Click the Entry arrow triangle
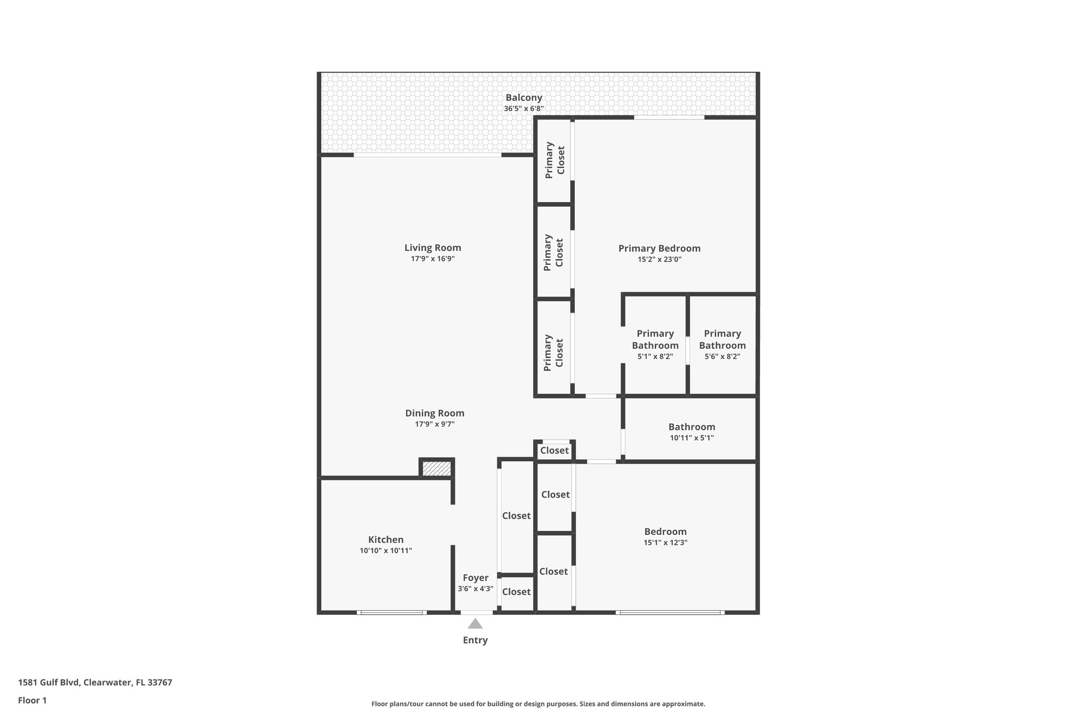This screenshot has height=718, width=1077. [475, 624]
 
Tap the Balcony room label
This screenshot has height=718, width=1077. [524, 97]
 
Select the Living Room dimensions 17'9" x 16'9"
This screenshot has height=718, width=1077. [432, 259]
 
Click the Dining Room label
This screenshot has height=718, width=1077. [434, 413]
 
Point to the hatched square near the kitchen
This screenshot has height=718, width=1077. [436, 469]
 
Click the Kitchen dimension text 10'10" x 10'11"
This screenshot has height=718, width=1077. [385, 551]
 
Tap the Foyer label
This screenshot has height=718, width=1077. [475, 578]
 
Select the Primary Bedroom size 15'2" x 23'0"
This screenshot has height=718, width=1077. [659, 259]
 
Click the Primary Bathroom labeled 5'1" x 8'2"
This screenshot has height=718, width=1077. [655, 345]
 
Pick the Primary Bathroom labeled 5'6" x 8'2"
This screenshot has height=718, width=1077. [722, 345]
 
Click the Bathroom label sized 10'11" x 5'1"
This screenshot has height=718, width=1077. [692, 427]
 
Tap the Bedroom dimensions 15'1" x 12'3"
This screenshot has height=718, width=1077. [665, 543]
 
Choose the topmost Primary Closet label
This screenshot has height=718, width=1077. [555, 160]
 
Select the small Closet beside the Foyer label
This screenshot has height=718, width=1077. [516, 592]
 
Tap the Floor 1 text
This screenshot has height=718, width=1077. [32, 700]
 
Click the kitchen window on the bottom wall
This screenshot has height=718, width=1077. [392, 612]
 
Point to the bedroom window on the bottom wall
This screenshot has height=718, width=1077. [669, 612]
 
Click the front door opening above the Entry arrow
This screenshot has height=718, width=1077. [476, 612]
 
